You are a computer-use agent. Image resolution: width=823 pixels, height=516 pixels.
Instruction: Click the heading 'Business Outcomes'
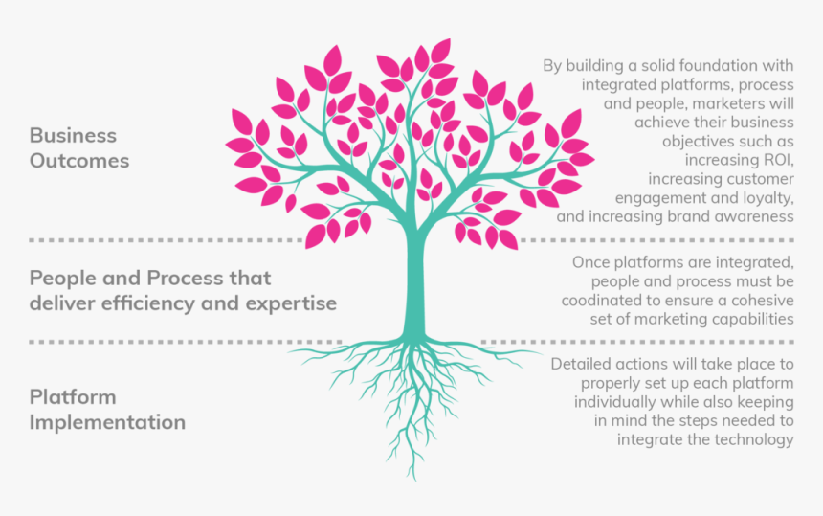click(79, 147)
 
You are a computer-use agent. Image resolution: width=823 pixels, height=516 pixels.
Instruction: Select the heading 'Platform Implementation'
click(107, 409)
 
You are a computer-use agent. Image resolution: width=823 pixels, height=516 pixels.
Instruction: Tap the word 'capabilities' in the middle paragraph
click(751, 319)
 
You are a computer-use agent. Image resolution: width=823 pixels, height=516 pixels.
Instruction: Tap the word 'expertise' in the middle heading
click(294, 303)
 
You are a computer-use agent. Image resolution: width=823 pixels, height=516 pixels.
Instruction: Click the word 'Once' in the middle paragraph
click(589, 261)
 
